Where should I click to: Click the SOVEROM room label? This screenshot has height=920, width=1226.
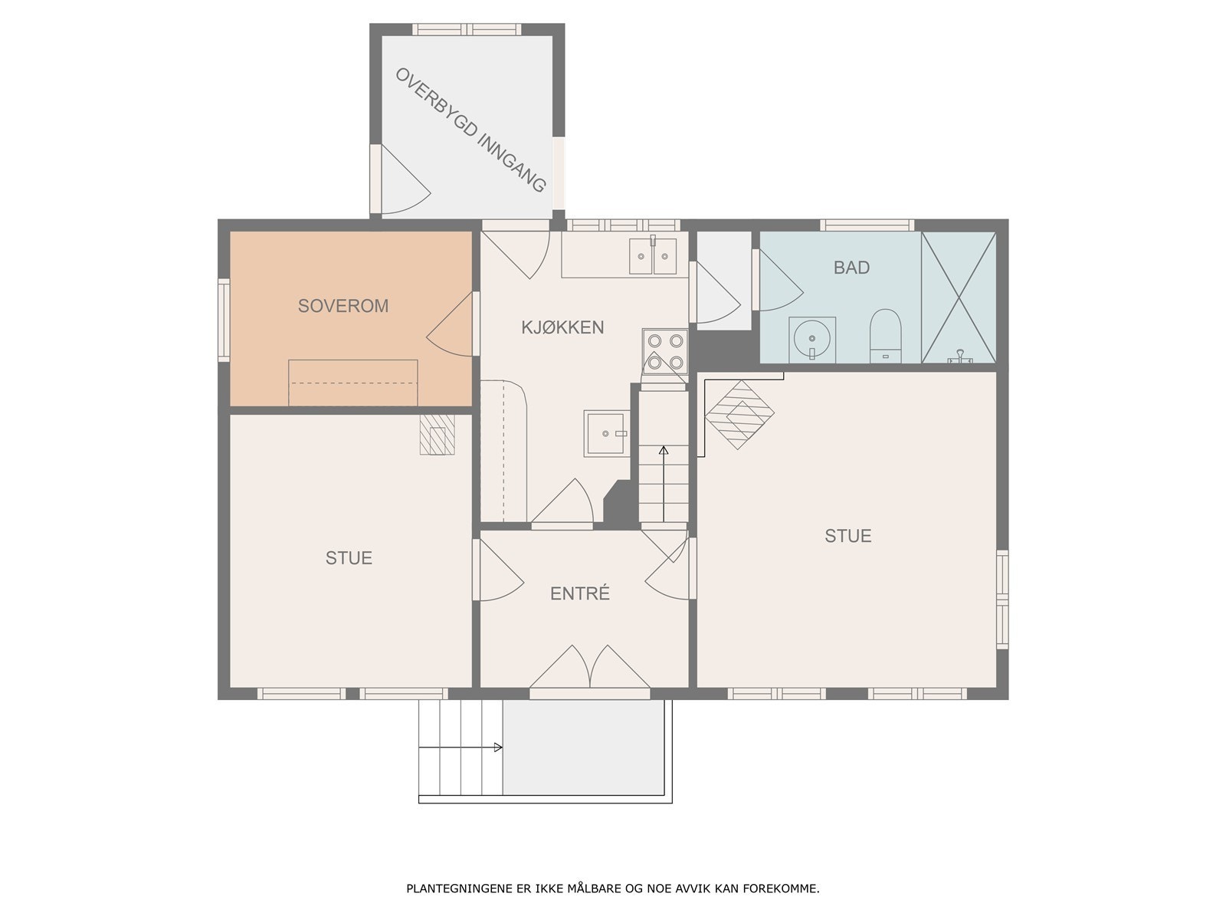(343, 306)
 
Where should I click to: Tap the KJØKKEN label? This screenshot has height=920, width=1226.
(562, 327)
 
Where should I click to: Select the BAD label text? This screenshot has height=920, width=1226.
(851, 268)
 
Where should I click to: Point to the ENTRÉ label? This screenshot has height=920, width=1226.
(580, 593)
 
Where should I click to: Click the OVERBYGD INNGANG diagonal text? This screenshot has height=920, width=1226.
(470, 130)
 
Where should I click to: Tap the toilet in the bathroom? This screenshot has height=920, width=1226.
(885, 334)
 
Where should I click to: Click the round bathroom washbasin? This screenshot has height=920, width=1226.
(812, 339)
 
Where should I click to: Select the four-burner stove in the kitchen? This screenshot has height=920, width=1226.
(664, 351)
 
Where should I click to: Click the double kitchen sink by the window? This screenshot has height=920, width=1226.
(652, 256)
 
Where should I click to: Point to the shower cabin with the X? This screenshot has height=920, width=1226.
(959, 297)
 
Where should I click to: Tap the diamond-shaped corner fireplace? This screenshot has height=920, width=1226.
(739, 415)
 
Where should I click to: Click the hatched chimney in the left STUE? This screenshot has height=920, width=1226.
(438, 435)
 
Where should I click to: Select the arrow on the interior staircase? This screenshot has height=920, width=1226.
(664, 484)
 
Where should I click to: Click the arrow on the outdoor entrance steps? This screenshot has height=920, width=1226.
(461, 747)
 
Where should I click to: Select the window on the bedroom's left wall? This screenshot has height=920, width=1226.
(224, 320)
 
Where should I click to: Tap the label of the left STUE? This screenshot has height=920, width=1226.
(349, 557)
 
